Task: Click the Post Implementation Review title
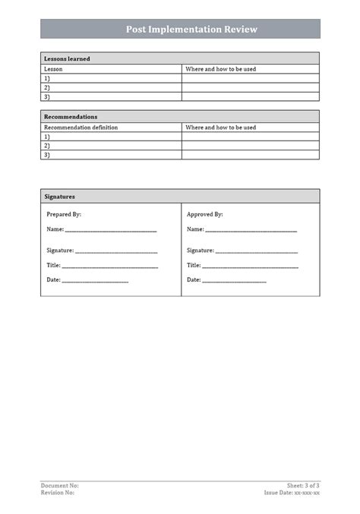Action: [191, 30]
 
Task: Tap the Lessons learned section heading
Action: [68, 58]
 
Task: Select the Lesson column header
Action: [53, 69]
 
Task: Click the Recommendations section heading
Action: [71, 117]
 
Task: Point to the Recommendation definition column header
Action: [81, 128]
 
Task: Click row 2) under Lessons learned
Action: [47, 87]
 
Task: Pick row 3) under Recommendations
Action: [47, 155]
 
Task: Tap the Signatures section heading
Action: [59, 196]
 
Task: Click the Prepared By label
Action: [64, 215]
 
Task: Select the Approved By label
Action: [205, 215]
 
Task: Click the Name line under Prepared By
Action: [111, 229]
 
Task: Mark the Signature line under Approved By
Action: [256, 251]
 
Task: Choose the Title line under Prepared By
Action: [109, 266]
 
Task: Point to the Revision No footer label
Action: [58, 493]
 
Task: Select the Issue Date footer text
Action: [292, 493]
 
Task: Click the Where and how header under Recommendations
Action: [220, 128]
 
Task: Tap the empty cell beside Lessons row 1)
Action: [251, 78]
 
